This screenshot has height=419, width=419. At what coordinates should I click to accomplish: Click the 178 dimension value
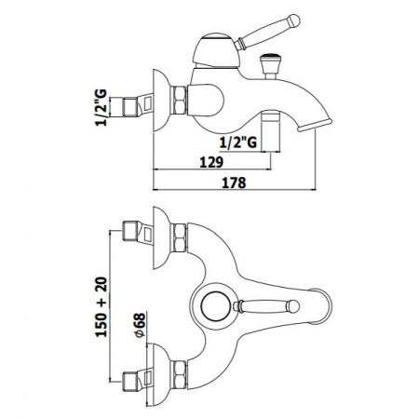(x=234, y=182)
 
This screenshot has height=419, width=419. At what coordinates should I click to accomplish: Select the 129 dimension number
(x=211, y=162)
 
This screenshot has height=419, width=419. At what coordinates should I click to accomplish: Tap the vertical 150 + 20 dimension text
(x=101, y=307)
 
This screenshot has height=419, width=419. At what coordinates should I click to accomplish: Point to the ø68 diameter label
(x=140, y=325)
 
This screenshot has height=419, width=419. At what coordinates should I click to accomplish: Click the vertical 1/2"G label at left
(x=101, y=107)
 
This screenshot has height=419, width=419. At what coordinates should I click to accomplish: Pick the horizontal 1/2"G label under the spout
(x=238, y=142)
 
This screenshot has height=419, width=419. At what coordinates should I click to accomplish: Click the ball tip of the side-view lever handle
(x=293, y=20)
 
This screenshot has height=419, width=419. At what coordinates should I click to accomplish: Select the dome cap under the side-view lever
(x=216, y=50)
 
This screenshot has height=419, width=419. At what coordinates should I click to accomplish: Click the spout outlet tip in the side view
(x=315, y=125)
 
